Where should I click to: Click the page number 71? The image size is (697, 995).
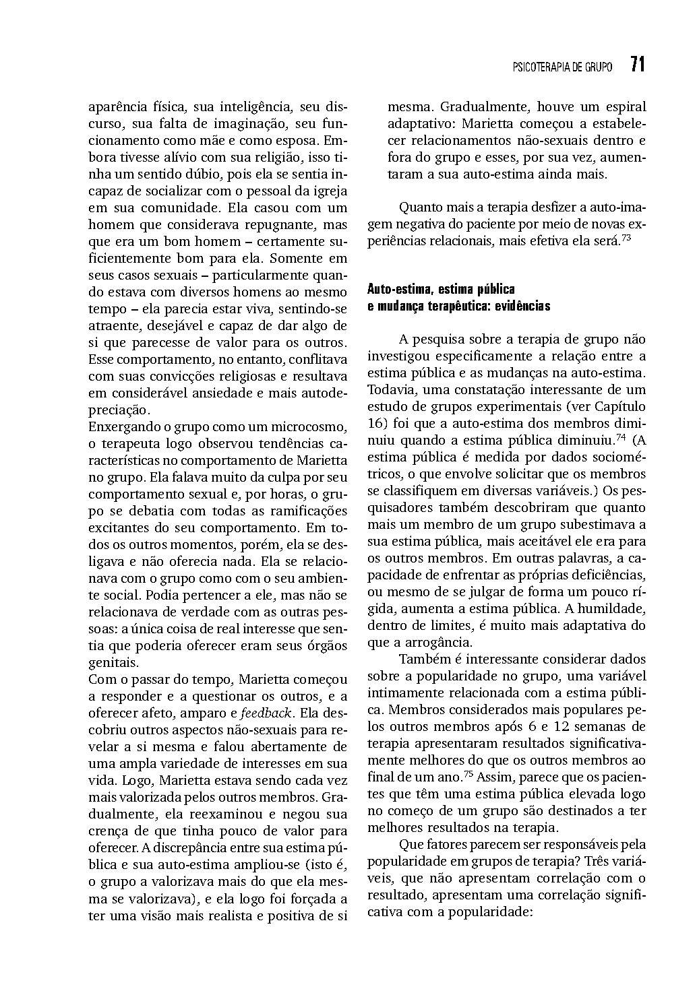pos(638,65)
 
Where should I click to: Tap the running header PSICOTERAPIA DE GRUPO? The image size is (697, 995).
pos(562,67)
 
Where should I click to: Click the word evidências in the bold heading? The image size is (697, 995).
pos(522,306)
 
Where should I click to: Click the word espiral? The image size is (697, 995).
pos(624,106)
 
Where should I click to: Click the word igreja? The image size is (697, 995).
pos(330,191)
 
